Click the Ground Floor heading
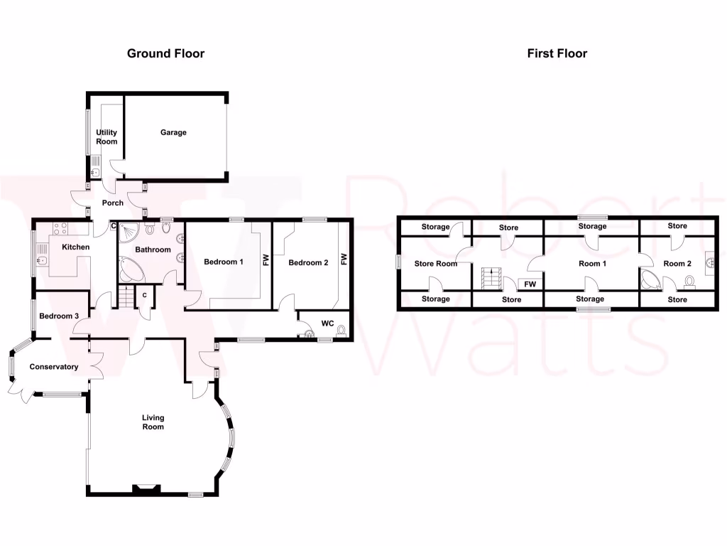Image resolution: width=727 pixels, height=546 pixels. coord(165,53)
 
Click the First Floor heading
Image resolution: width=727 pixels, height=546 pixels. coord(557,53)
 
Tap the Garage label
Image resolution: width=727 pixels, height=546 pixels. coord(173,132)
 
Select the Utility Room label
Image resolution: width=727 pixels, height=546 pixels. coord(106,137)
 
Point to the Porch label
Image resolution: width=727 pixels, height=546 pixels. coord(113,203)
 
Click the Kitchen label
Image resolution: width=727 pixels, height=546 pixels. coord(76,247)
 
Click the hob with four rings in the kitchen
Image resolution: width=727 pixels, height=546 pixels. coord(59,229)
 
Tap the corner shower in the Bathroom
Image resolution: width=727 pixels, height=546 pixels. coord(130,230)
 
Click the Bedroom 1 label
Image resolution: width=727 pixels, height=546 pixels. coord(224,262)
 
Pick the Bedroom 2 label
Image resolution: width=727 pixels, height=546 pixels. coord(308,262)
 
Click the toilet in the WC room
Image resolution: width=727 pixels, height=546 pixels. coord(341,330)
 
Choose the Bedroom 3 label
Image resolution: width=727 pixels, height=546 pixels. coord(59,316)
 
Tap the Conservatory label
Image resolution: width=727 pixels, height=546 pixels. coord(53,367)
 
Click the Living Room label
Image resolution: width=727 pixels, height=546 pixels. coord(153,422)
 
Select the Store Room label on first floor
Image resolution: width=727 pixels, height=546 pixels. coord(436,264)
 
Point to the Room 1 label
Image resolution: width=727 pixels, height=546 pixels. coord(593,264)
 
